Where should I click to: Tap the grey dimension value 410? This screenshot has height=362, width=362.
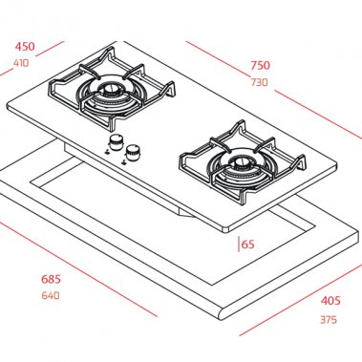pos(22,63)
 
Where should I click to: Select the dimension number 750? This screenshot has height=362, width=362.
pos(260,66)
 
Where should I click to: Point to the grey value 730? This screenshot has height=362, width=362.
pos(259,83)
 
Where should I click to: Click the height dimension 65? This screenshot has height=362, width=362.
pos(247,245)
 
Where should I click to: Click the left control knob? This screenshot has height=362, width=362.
pos(117,142)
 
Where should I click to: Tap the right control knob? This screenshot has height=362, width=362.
pos(134,153)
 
